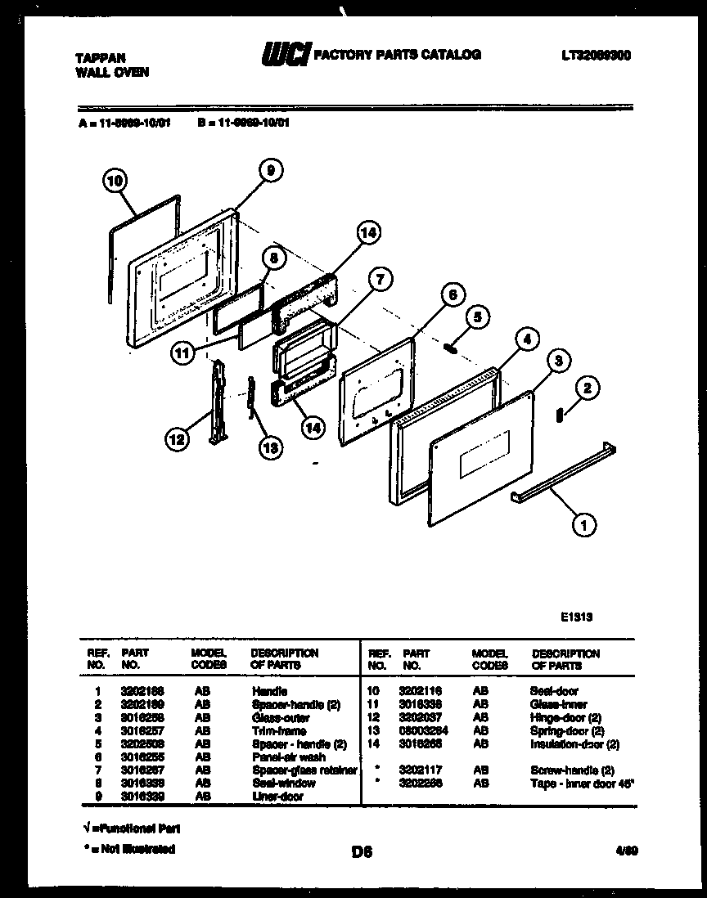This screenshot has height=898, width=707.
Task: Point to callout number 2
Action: coord(586,389)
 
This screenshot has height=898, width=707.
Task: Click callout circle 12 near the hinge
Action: coord(176,440)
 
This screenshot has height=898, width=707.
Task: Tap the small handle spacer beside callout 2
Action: coord(560,415)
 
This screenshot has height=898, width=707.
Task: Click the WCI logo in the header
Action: coord(286,55)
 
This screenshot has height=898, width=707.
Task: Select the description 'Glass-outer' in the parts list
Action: coord(281,717)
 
